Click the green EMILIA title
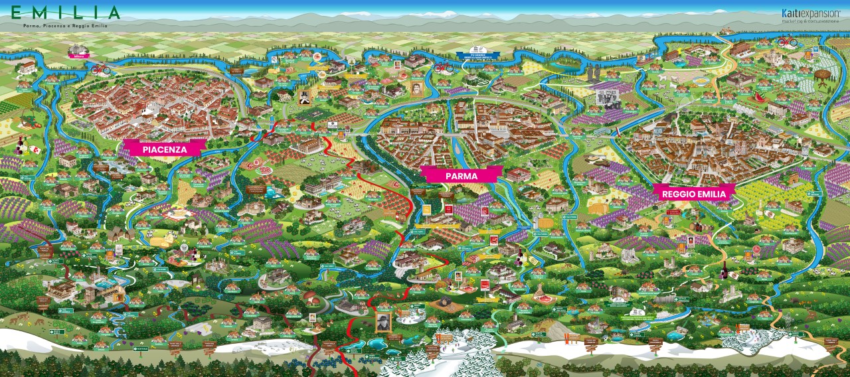[x=66, y=13]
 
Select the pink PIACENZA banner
[x=163, y=149]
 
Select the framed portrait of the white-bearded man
[x=384, y=322]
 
